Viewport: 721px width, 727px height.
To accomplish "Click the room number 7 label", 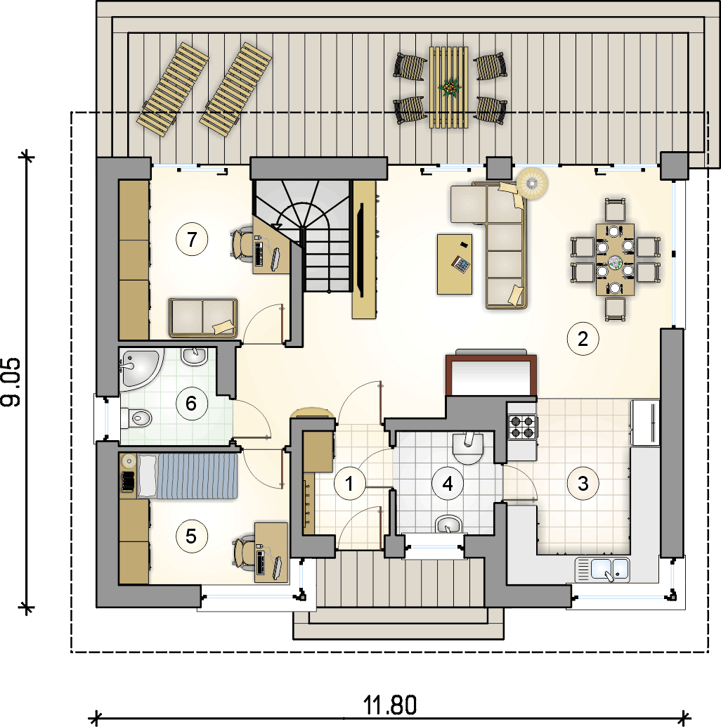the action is [192, 239].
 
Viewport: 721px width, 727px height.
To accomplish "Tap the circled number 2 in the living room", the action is [583, 339].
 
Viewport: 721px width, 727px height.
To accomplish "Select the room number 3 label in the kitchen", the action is [583, 484].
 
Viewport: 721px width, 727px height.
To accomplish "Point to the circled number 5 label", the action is [191, 536].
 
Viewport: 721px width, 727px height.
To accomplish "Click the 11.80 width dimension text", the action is [390, 705].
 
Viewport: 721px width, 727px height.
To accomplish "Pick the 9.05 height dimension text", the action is [11, 382].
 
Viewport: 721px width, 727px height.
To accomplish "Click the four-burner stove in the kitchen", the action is [523, 427].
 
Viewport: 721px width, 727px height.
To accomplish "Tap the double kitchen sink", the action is [602, 570].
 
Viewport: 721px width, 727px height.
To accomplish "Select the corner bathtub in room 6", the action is [140, 368].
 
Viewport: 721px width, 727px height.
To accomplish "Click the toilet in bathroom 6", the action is [136, 418].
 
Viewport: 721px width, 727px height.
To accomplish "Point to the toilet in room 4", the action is [467, 448].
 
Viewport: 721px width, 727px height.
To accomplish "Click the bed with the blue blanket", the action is [187, 476].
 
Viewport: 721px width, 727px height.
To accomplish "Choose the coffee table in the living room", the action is [455, 264].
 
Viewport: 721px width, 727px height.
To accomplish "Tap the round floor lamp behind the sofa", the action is [532, 184].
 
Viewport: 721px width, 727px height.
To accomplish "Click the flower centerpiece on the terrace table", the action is [450, 87].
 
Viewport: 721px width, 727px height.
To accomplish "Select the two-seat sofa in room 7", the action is [203, 318].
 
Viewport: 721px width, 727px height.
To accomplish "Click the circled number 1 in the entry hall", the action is [349, 484].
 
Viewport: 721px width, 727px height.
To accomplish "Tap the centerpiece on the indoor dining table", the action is [616, 262].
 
